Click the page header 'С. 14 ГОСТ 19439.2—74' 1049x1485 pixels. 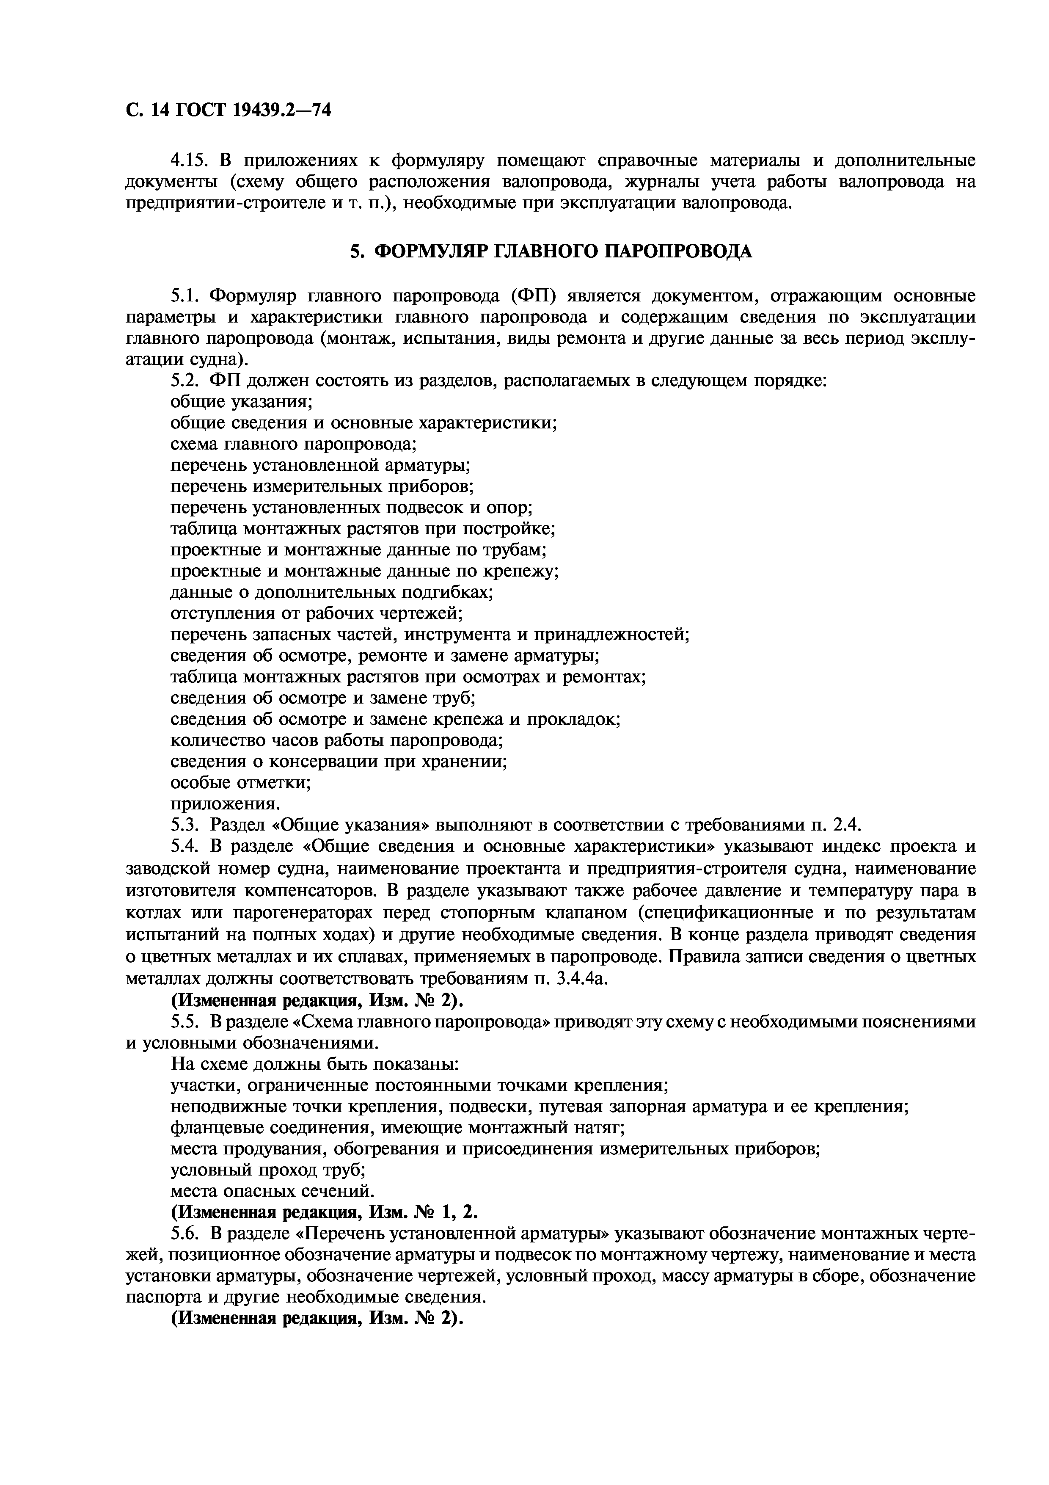coord(228,110)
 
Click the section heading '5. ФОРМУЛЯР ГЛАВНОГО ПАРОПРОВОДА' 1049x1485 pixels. coord(551,251)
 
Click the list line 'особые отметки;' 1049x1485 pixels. coord(240,783)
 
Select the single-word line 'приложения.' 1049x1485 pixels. coord(226,804)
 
